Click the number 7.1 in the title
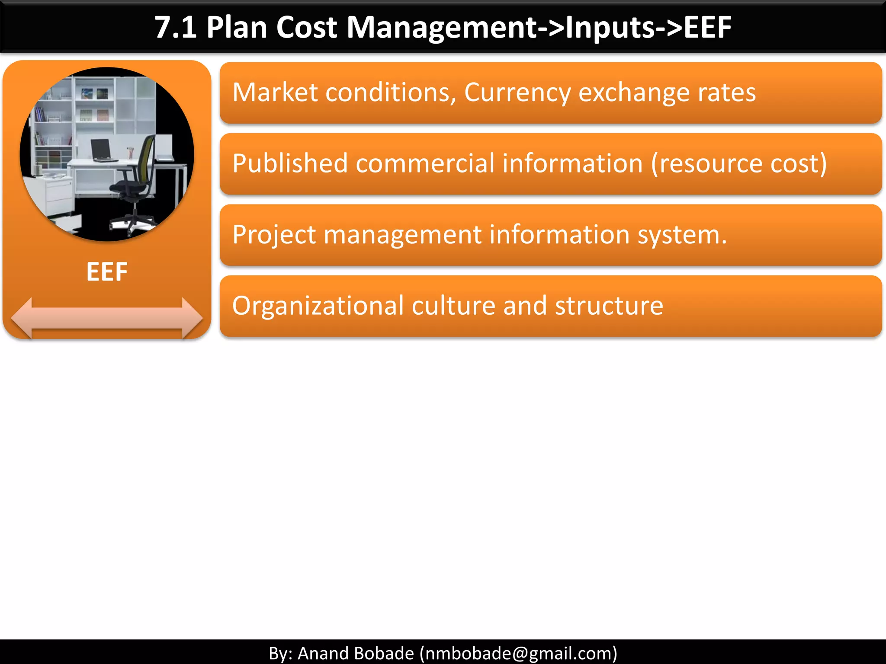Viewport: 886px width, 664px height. pos(175,28)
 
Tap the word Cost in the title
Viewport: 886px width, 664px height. pos(306,28)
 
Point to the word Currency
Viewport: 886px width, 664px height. pos(517,93)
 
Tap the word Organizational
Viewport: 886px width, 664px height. pos(318,306)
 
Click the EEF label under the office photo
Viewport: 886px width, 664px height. pos(107,272)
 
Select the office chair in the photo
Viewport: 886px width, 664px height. pos(134,182)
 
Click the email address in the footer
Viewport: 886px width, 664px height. pos(518,653)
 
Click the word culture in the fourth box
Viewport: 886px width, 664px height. pos(453,306)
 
